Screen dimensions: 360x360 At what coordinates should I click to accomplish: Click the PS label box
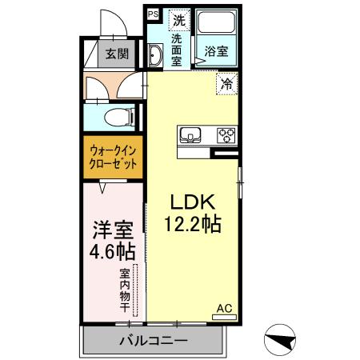153,14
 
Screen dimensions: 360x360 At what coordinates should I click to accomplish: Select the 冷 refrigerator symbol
226,82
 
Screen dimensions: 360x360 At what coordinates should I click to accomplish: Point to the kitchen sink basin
191,134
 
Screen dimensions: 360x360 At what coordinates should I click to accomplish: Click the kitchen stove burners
226,134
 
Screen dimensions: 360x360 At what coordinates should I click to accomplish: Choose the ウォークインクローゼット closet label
113,156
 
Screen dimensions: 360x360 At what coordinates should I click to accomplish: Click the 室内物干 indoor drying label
125,286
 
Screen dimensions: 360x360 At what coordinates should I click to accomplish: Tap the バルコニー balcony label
153,342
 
